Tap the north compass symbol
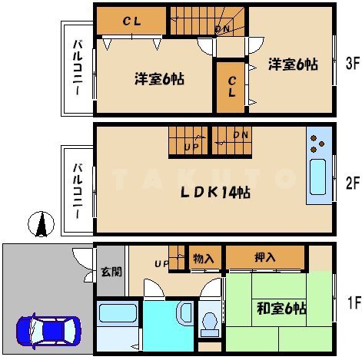point(41,224)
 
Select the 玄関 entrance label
point(111,272)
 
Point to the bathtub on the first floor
point(118,313)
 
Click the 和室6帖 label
point(281,309)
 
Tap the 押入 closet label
point(265,257)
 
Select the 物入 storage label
point(204,259)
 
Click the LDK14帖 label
point(215,193)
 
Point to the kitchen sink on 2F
point(318,177)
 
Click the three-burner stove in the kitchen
point(317,144)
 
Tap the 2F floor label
point(353,183)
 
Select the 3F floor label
point(353,63)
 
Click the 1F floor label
point(354,302)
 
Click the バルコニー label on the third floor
point(78,68)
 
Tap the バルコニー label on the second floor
point(78,191)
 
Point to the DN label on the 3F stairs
point(223,29)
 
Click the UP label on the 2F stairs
point(191,147)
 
